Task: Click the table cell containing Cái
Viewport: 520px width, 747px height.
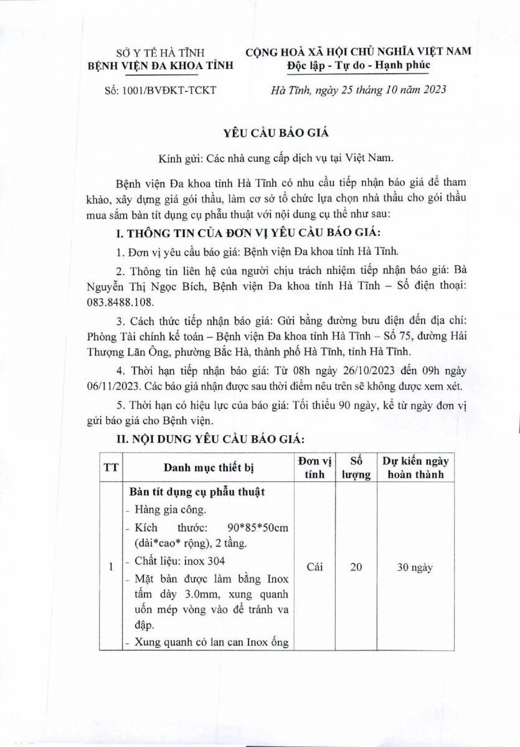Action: tap(314, 567)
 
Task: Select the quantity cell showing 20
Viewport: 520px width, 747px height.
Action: tap(357, 567)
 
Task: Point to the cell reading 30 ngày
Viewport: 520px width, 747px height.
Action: tap(415, 567)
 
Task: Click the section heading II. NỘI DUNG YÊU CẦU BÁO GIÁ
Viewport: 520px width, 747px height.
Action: tap(210, 439)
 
